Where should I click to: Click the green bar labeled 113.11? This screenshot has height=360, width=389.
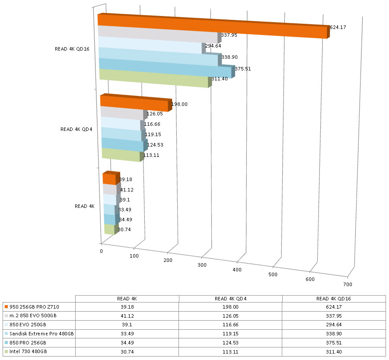[121, 155]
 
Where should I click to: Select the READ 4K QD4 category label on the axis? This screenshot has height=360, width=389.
[77, 129]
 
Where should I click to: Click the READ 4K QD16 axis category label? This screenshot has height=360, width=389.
[72, 49]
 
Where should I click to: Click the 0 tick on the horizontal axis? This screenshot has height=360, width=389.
[102, 251]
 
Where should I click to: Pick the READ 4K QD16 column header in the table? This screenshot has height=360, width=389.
[334, 298]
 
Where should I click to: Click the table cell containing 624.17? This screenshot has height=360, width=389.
[334, 307]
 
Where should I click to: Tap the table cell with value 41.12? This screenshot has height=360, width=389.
[127, 316]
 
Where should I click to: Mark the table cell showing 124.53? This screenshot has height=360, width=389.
[230, 342]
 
